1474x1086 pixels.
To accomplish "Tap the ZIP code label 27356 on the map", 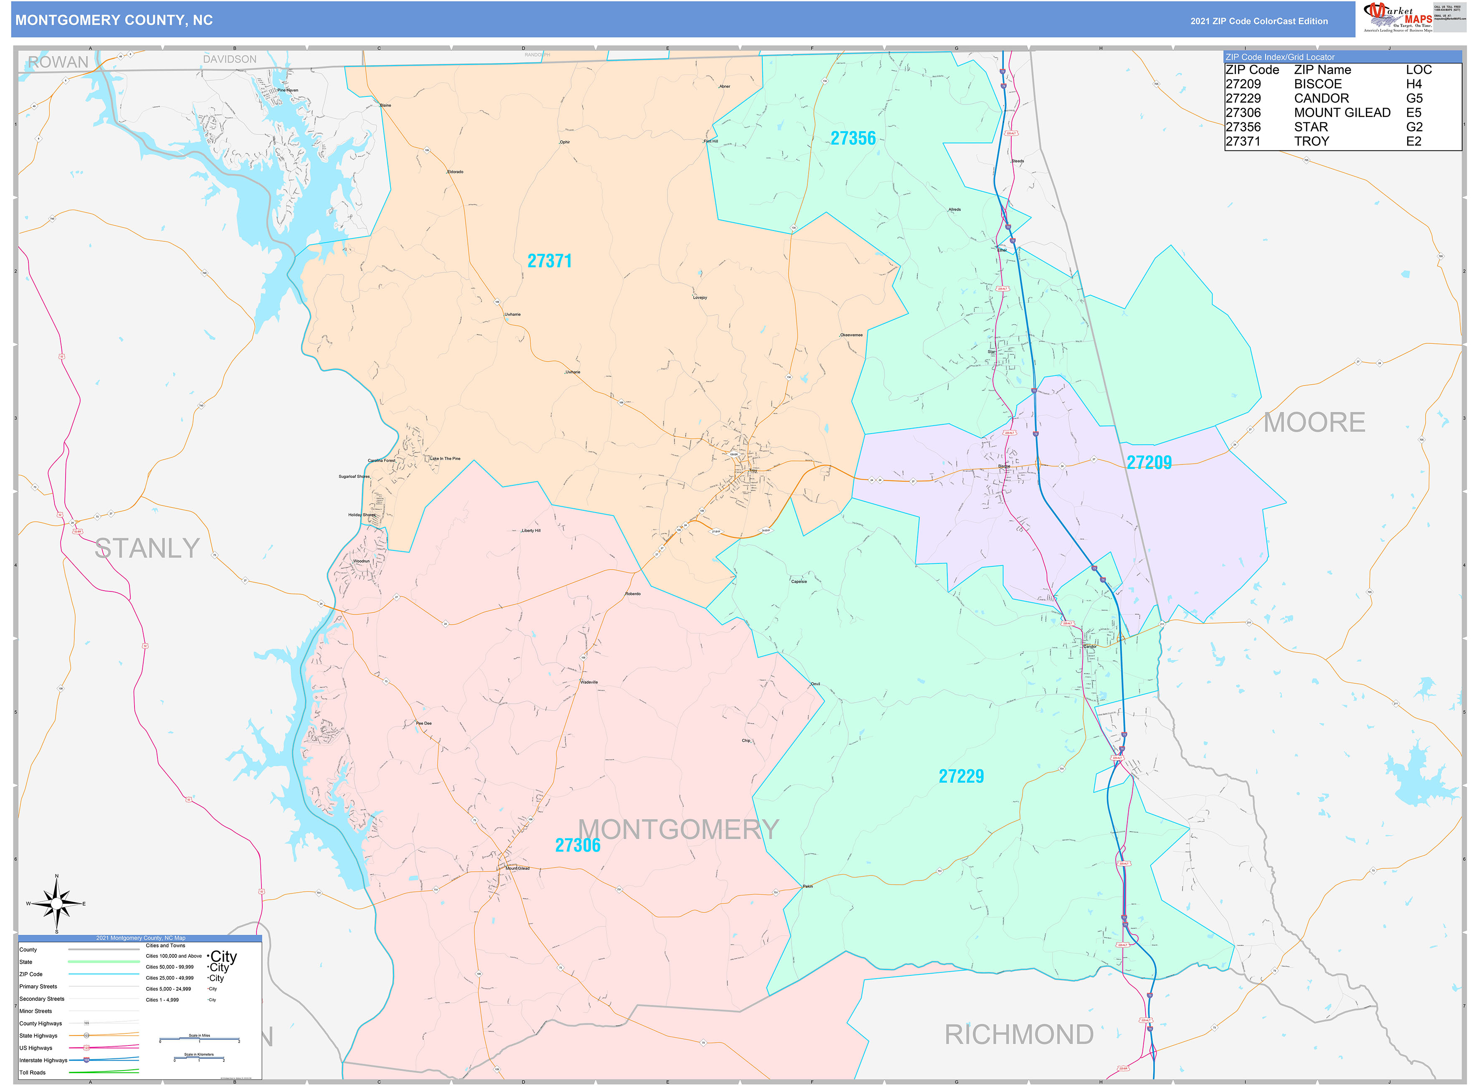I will pyautogui.click(x=853, y=138).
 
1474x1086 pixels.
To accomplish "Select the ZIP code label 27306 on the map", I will pyautogui.click(x=577, y=845).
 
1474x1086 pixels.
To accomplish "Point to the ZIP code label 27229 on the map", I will pyautogui.click(x=961, y=776).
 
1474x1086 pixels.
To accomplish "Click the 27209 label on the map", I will pyautogui.click(x=1149, y=463).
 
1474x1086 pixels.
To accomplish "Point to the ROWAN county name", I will pyautogui.click(x=58, y=63).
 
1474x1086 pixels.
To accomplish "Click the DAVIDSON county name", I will pyautogui.click(x=229, y=59).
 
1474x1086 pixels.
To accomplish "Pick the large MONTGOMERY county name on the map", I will pyautogui.click(x=678, y=830).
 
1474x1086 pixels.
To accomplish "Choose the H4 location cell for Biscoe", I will pyautogui.click(x=1413, y=84).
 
